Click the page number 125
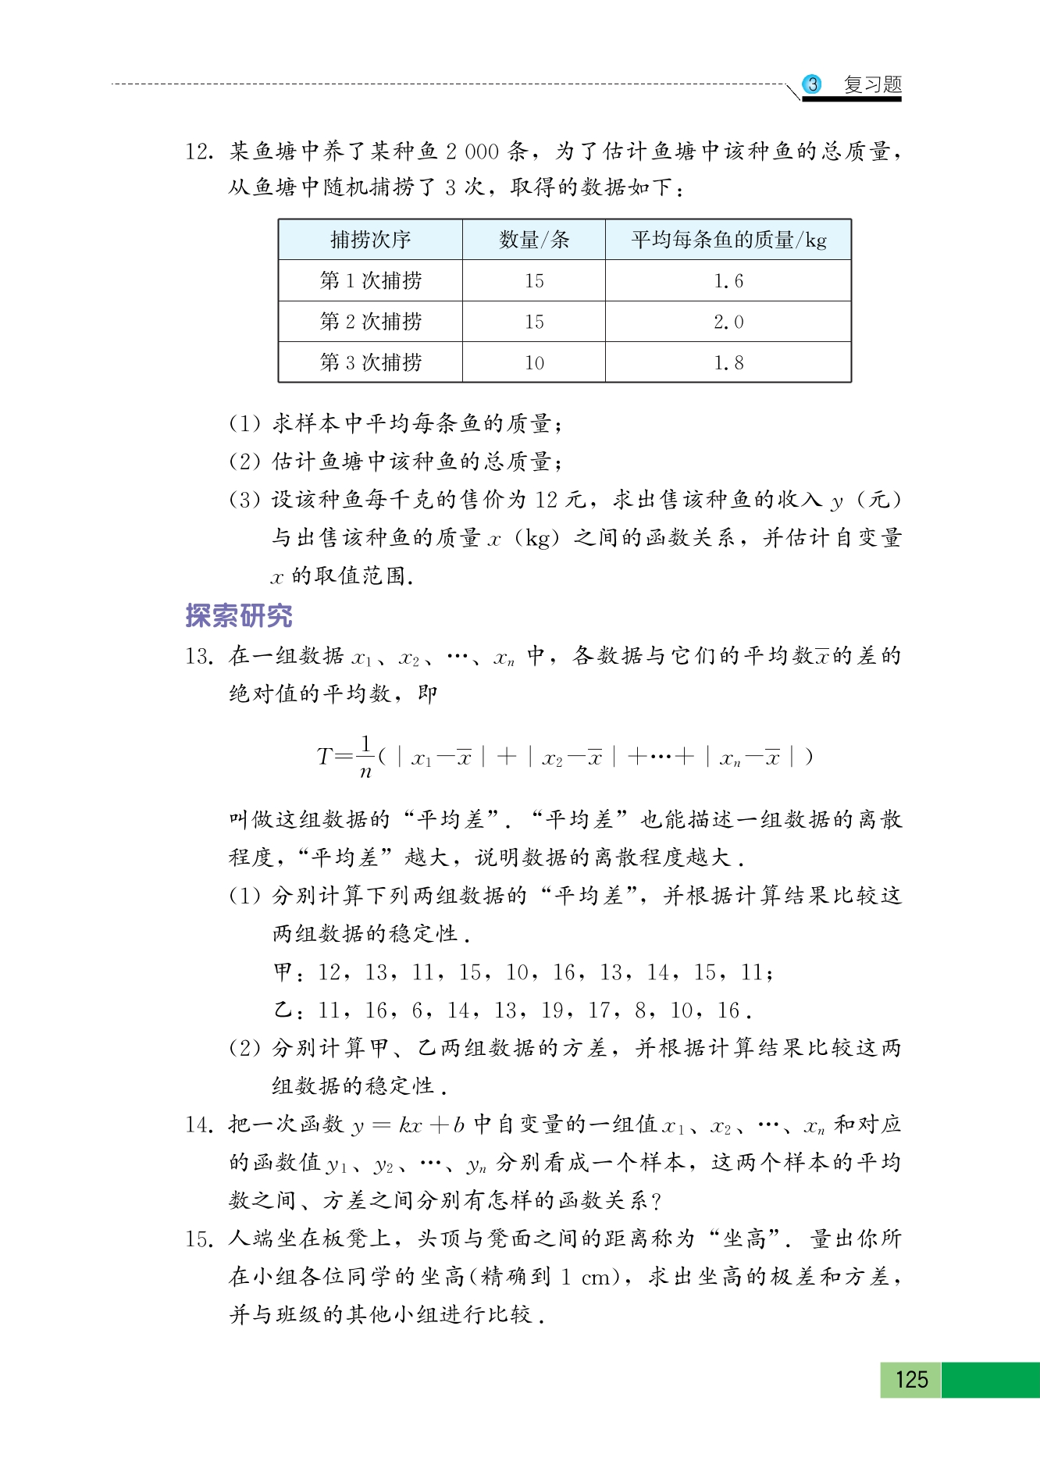[x=911, y=1379]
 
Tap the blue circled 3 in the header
[x=813, y=84]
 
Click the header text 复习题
[x=872, y=84]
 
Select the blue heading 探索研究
[x=239, y=616]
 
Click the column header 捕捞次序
[x=370, y=240]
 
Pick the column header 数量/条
[x=534, y=240]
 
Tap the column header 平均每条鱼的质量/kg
[x=728, y=240]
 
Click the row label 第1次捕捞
[x=370, y=281]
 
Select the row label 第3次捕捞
[x=370, y=362]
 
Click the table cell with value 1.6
[x=728, y=281]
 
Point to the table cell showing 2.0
[x=728, y=322]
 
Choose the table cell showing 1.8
[x=728, y=362]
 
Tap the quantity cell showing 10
[x=534, y=362]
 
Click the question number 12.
[x=199, y=151]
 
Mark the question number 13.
[x=199, y=656]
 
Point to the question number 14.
[x=199, y=1124]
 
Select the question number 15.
[x=199, y=1239]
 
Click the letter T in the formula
[x=325, y=756]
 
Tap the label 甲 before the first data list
[x=283, y=972]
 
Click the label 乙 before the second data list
[x=283, y=1010]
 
